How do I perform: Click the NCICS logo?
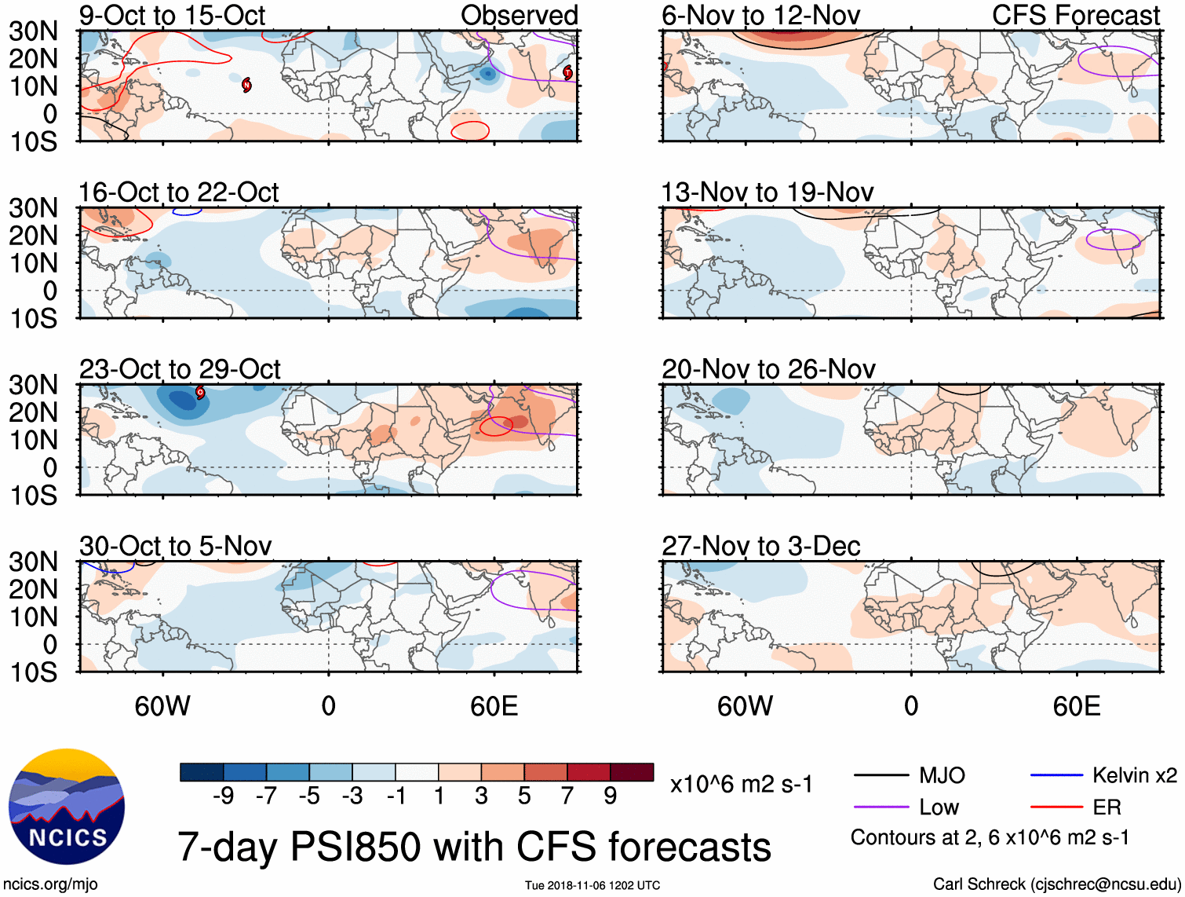tap(67, 807)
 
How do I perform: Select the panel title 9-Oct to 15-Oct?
tap(172, 15)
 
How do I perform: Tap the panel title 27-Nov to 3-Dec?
tap(760, 546)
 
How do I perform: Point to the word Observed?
tap(519, 15)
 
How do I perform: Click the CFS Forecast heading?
tap(1075, 15)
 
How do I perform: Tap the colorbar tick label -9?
tap(223, 796)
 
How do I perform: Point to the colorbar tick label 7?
tap(567, 796)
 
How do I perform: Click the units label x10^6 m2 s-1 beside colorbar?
tap(741, 785)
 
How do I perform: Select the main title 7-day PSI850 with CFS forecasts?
tap(474, 848)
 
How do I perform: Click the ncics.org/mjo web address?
tap(50, 884)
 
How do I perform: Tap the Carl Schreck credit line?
tap(1056, 884)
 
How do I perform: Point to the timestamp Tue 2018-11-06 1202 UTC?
tap(592, 885)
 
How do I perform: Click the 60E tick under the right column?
tap(1076, 706)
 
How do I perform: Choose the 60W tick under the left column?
tap(162, 706)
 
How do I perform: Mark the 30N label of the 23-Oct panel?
tap(34, 385)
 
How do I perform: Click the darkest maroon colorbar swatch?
tap(632, 772)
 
